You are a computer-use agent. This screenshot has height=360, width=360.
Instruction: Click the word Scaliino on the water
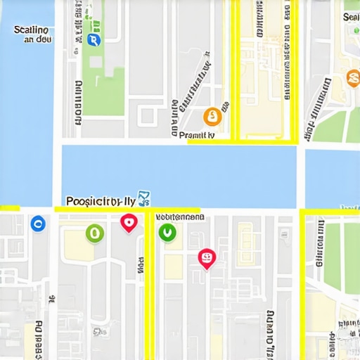[x=31, y=30]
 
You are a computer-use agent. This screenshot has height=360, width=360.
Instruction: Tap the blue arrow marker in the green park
[x=95, y=39]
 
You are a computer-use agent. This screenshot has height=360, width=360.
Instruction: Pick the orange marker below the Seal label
[x=354, y=78]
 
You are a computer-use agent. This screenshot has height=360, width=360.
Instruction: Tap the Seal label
[x=351, y=16]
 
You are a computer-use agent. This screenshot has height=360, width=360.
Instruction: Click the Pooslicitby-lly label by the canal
[x=100, y=201]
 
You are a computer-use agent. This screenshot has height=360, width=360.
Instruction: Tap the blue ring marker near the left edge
[x=38, y=224]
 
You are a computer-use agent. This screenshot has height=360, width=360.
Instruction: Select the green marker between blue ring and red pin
[x=94, y=233]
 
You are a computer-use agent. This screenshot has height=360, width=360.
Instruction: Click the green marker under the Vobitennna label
[x=167, y=232]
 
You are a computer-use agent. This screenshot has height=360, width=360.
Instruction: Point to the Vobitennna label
[x=179, y=217]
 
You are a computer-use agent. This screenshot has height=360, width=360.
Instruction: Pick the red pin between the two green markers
[x=128, y=223]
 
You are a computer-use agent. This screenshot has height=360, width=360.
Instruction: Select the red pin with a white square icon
[x=206, y=259]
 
